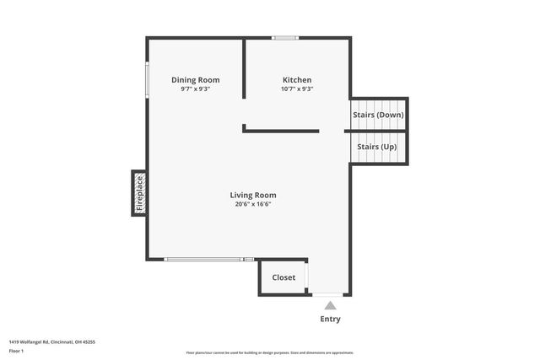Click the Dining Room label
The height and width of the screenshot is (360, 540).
[195, 80]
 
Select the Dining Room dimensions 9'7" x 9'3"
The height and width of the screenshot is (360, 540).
[195, 89]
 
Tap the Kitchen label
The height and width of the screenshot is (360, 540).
[296, 80]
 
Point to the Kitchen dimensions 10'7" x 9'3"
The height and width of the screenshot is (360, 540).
[296, 89]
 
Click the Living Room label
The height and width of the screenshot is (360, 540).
[253, 195]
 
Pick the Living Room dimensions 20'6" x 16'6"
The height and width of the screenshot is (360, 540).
[253, 203]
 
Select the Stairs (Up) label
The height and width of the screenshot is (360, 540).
[376, 147]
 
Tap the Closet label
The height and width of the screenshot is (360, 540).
[283, 277]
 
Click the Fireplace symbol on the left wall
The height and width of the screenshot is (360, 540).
[139, 192]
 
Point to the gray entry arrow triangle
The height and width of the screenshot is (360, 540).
[330, 305]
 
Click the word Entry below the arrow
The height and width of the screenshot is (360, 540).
[330, 320]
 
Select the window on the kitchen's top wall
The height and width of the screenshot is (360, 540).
[284, 38]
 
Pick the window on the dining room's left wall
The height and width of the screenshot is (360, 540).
[148, 80]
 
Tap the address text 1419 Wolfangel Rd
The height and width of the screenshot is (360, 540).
[51, 341]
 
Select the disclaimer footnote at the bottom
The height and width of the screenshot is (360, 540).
[270, 352]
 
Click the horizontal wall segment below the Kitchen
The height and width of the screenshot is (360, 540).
[281, 131]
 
